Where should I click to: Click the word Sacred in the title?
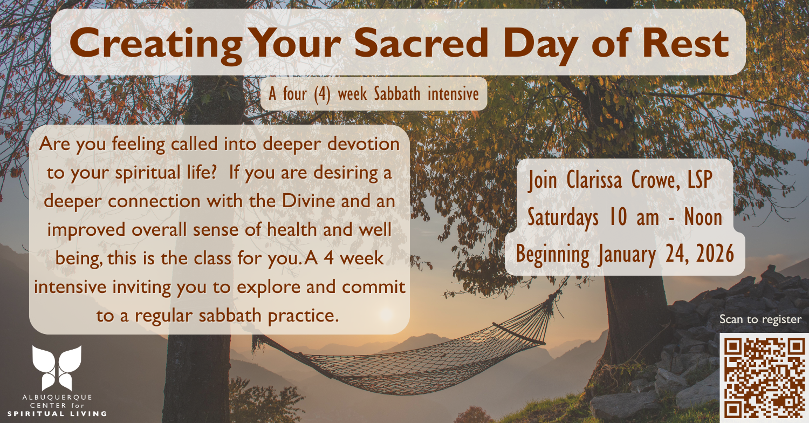coord(421,43)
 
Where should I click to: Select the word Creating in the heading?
coord(156,46)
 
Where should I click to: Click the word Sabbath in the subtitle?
coord(397,93)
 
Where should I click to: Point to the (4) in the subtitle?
coord(322,94)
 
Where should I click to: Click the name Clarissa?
coord(594,180)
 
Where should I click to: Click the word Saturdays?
coord(563,218)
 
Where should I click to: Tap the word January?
coord(627,255)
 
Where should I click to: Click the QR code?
coord(764,378)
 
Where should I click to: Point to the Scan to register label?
coord(760,319)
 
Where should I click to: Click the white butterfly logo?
coord(57,368)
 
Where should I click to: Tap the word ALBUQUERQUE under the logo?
coord(57,397)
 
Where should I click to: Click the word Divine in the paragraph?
coord(308,201)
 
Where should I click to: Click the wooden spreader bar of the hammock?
coord(519,333)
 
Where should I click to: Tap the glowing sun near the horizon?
coord(387,313)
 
